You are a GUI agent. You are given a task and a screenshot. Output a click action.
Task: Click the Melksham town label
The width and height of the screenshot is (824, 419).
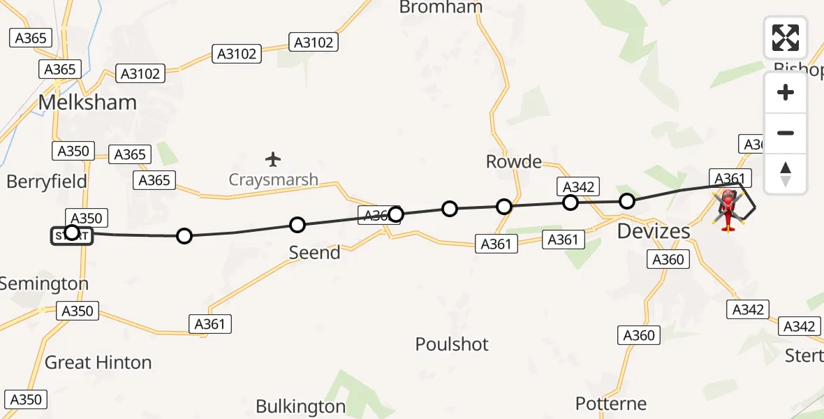coord(87,103)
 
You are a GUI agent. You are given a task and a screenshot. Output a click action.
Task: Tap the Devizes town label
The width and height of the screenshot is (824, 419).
coord(654,231)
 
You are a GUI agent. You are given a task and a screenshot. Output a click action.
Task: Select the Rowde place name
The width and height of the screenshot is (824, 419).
coord(514,162)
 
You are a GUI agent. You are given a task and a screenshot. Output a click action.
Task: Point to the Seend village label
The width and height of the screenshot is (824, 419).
coord(314,252)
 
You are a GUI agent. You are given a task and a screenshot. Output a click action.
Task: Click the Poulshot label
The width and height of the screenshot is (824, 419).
coord(452,344)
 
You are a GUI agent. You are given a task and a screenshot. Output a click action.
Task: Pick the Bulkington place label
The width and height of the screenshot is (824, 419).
coord(300,406)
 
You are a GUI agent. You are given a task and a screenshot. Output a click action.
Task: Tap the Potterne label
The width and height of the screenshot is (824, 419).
coord(611,403)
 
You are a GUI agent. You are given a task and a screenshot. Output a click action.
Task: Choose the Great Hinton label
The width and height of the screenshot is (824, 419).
coord(98,362)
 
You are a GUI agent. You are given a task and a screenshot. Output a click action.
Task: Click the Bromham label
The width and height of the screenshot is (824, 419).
coord(441,8)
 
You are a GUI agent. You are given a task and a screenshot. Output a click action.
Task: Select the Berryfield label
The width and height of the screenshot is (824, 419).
coord(47,182)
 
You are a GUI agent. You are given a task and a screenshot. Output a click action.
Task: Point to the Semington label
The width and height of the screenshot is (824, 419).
coord(44,284)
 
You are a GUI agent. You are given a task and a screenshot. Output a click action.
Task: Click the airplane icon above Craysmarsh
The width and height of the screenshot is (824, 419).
coord(273,159)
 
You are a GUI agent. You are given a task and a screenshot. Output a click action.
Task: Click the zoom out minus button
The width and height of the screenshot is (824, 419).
coord(786,133)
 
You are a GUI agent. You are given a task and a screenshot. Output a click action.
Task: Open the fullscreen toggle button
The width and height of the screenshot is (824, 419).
coord(786,38)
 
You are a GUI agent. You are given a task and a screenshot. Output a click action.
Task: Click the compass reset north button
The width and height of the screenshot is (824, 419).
coord(786,174)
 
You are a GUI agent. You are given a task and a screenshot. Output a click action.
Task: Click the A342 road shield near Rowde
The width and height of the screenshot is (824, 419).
coord(578,186)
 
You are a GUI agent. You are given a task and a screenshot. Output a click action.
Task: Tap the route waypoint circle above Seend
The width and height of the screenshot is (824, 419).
coord(297,224)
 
